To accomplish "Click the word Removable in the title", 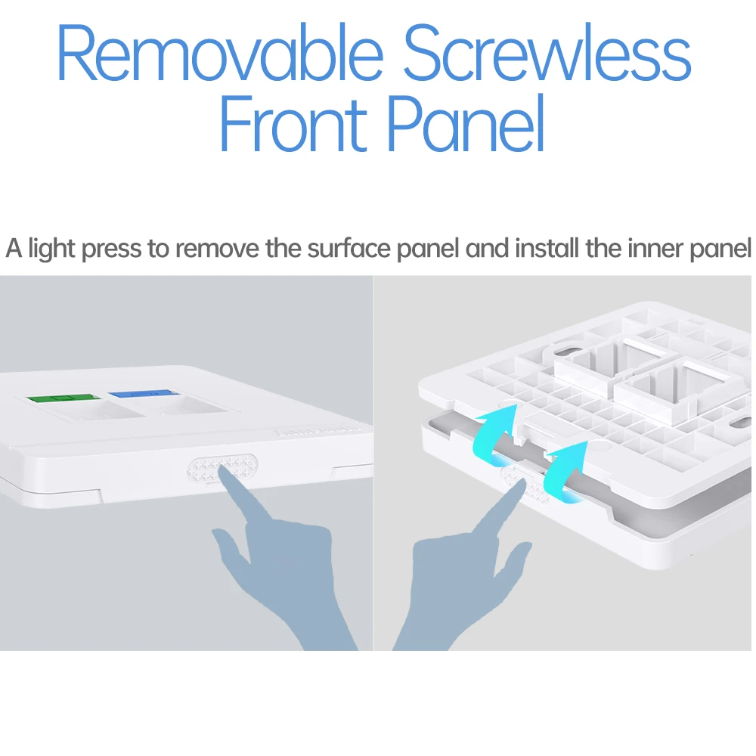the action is point(220,52).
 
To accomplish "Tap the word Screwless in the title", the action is point(547,52).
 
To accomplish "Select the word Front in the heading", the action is point(293,123).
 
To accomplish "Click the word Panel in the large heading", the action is point(466,123).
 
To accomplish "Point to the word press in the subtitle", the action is point(111,249).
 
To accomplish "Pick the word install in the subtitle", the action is point(547,248).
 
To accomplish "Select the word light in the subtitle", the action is point(51,249).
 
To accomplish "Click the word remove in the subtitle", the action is point(218,249).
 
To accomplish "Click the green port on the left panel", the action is point(64,398).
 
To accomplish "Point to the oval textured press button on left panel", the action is point(222,469).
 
